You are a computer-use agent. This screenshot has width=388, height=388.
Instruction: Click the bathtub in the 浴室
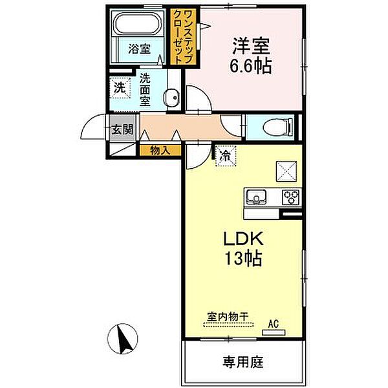tap(138, 23)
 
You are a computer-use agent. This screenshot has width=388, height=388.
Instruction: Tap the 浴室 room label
tap(139, 48)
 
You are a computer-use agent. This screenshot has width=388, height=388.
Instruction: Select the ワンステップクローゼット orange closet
tap(184, 36)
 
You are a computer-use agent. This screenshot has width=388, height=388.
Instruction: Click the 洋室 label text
tap(251, 47)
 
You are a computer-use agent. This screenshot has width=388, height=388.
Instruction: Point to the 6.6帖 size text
tap(251, 66)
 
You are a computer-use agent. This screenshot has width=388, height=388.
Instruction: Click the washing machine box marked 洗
tap(120, 88)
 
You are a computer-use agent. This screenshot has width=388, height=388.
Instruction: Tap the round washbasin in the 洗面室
tap(171, 98)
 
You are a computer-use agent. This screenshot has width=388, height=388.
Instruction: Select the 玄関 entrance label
tap(122, 129)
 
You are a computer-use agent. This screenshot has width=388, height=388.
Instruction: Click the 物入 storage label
tap(160, 151)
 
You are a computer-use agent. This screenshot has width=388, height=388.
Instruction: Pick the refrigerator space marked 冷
tap(226, 156)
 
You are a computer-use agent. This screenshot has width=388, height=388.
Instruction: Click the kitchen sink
tap(255, 197)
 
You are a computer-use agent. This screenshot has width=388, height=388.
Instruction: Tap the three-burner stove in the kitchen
tap(291, 197)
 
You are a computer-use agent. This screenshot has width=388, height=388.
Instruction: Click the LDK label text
tap(243, 239)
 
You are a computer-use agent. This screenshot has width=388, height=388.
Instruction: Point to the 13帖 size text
tap(243, 259)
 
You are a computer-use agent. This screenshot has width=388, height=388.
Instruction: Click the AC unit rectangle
tap(274, 332)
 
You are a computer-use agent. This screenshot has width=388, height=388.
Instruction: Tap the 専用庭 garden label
tap(242, 362)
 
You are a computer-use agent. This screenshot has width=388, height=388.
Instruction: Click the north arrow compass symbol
tap(122, 339)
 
